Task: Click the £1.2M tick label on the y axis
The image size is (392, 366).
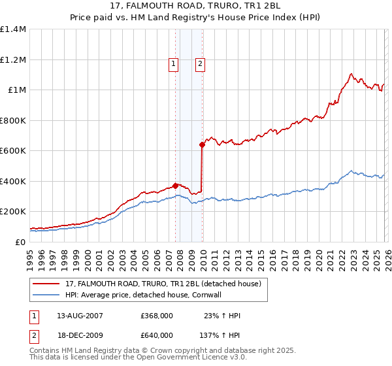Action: [13, 59]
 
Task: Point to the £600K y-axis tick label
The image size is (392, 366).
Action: [13, 151]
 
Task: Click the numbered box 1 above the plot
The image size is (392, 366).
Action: [174, 64]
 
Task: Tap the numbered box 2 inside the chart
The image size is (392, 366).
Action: [199, 64]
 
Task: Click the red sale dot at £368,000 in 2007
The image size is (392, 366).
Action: [175, 186]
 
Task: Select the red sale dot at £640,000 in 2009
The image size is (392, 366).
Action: [203, 145]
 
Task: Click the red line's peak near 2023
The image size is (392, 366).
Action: [351, 74]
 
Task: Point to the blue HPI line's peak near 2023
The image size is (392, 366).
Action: [351, 171]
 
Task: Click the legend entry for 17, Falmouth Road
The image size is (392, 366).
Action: [163, 283]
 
